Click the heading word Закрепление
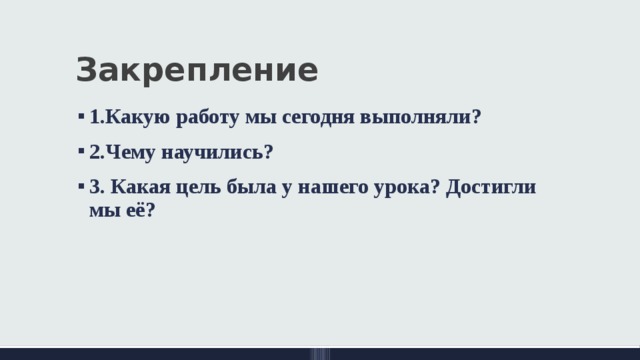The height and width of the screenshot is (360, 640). tap(196, 72)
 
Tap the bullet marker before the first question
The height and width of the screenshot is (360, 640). tap(78, 117)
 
